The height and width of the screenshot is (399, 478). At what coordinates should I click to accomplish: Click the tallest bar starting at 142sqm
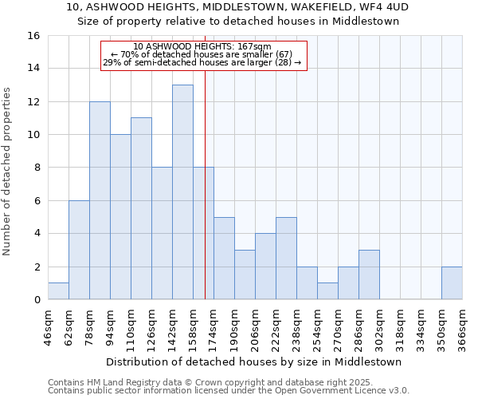tap(182, 192)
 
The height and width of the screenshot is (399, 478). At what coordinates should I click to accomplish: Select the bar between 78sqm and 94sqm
tap(100, 200)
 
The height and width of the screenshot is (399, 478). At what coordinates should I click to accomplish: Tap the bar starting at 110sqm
tap(141, 208)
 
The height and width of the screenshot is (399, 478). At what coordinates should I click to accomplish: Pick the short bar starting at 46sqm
tap(58, 291)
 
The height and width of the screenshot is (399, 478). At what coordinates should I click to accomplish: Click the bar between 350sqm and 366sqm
tap(452, 283)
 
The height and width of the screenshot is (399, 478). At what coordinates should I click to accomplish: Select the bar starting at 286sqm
tap(369, 275)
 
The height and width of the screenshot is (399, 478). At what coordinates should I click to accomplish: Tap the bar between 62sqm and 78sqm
tap(79, 250)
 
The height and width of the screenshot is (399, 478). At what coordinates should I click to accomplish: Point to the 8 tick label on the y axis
tap(36, 168)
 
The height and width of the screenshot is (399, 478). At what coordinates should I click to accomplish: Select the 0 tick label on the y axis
tap(36, 300)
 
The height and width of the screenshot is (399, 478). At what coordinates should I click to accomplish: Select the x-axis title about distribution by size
tap(254, 361)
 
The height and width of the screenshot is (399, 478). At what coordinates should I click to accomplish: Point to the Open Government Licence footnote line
tap(229, 391)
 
